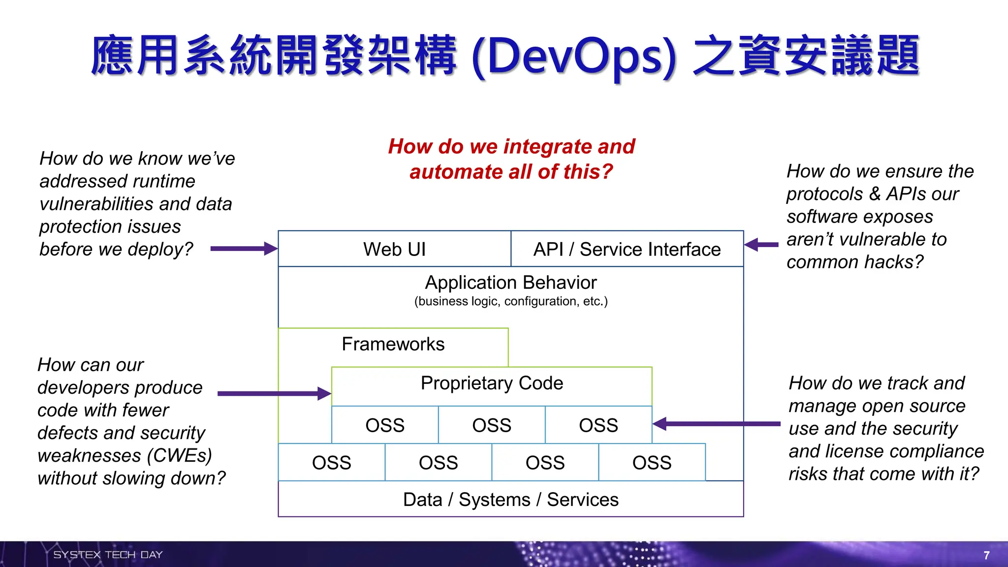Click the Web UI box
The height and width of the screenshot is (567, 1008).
coord(394,249)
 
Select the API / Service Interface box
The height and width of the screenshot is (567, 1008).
coord(627,249)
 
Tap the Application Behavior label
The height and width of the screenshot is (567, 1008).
coord(510,283)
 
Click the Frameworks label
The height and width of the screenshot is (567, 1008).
coord(393,344)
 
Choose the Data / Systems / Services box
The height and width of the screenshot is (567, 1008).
coord(510,500)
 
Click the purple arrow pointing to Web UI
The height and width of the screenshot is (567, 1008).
coord(244,249)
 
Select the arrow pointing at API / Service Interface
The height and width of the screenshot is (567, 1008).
coord(761,245)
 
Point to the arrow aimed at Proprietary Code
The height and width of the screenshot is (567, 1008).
coord(274,393)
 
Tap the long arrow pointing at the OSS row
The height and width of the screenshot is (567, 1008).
coord(716,423)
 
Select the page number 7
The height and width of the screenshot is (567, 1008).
coord(986,555)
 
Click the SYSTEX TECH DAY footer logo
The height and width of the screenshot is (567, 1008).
coord(108,555)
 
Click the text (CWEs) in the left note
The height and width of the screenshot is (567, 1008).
coord(180,455)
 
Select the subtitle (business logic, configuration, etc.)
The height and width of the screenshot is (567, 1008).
coord(510,301)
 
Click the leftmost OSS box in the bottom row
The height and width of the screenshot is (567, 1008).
coord(331,463)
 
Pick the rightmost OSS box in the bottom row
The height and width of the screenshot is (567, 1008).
coord(652,463)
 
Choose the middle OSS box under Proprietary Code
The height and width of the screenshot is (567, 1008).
coord(491,425)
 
